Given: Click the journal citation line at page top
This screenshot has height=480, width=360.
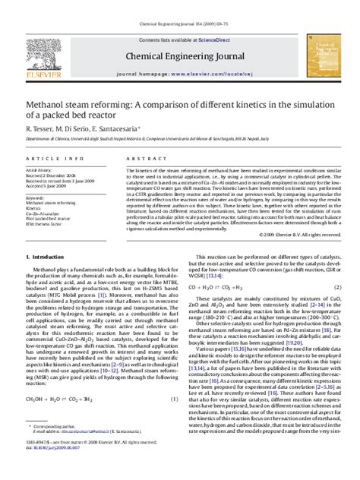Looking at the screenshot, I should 179,25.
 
